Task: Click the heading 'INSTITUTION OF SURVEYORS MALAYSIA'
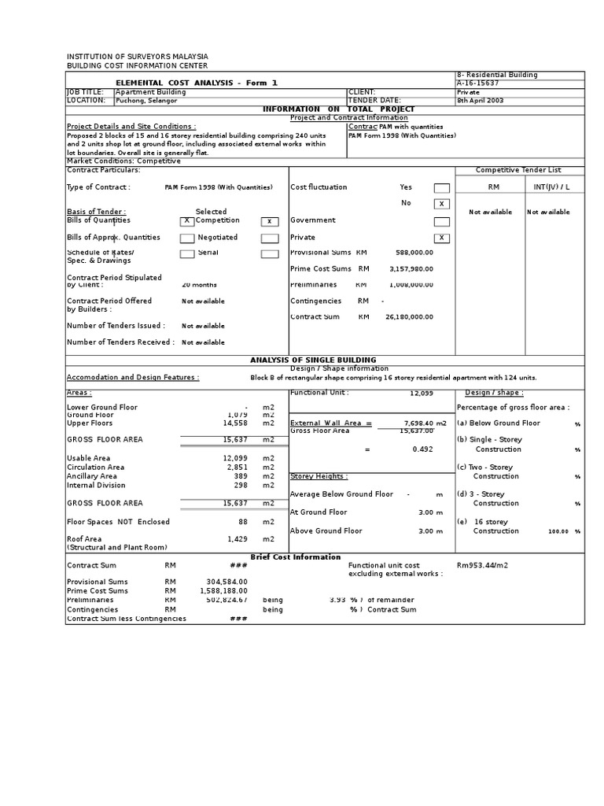(x=138, y=57)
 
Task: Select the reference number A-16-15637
(x=477, y=83)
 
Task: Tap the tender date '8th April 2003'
(x=482, y=101)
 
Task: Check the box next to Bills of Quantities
(x=187, y=221)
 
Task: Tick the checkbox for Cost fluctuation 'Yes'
(x=442, y=188)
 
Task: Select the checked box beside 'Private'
(x=442, y=238)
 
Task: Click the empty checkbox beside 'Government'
(x=442, y=221)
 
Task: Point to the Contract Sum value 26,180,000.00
(x=409, y=317)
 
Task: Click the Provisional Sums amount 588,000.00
(x=414, y=253)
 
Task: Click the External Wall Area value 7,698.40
(x=419, y=423)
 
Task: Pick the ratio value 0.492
(x=423, y=449)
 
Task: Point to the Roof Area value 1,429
(x=237, y=539)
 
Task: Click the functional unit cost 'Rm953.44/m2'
(x=482, y=565)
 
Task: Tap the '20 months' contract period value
(x=199, y=285)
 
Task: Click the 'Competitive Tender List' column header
(x=519, y=170)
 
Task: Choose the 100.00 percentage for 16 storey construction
(x=558, y=531)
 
